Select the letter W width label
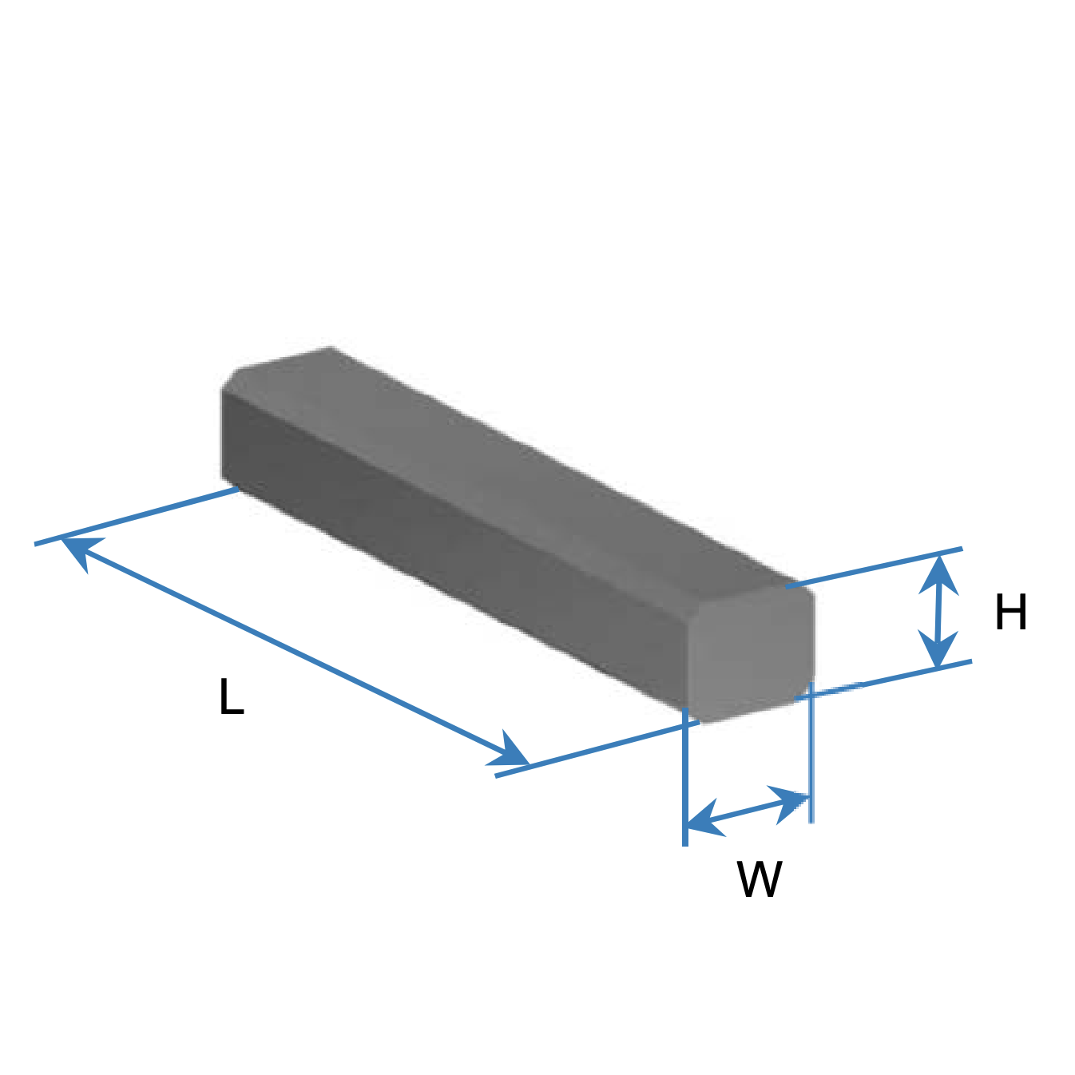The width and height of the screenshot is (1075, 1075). (760, 879)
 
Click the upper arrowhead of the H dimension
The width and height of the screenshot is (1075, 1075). (939, 573)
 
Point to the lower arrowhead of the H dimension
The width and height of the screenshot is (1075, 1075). (938, 649)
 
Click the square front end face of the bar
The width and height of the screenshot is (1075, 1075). (751, 654)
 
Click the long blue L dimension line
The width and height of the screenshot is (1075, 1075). (295, 650)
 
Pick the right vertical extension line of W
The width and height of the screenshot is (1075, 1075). (811, 752)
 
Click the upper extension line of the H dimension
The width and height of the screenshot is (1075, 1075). (874, 567)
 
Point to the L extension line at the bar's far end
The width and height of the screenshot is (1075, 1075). (137, 516)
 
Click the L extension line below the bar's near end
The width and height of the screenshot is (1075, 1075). (597, 748)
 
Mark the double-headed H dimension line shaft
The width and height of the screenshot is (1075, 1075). (939, 611)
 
